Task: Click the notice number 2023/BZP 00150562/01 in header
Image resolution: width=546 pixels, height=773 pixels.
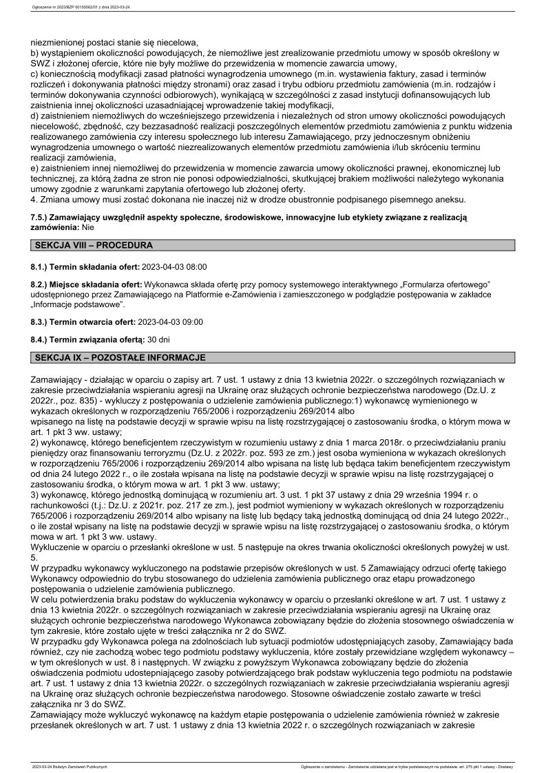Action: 81,8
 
